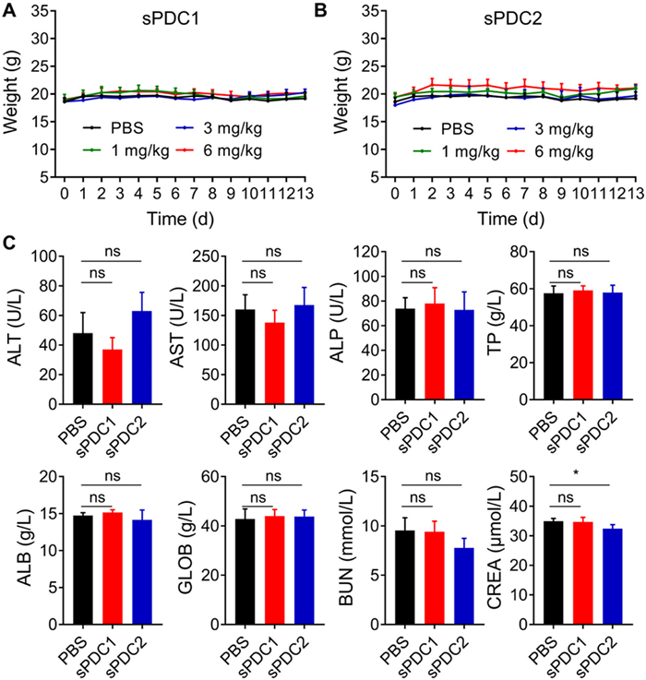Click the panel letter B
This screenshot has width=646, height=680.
pyautogui.click(x=321, y=10)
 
